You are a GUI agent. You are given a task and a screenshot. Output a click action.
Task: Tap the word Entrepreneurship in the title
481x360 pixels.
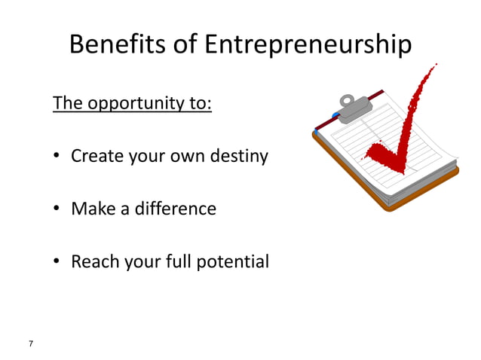(x=307, y=45)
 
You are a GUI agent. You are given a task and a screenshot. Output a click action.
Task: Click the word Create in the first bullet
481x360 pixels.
(x=97, y=157)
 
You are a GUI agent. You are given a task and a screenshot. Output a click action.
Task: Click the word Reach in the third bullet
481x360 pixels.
(x=94, y=261)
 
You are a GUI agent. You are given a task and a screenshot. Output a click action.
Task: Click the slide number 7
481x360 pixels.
(x=31, y=343)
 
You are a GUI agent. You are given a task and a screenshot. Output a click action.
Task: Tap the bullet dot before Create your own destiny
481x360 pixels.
(x=57, y=158)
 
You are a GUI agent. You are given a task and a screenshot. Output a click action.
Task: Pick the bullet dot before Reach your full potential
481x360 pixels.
(x=57, y=263)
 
